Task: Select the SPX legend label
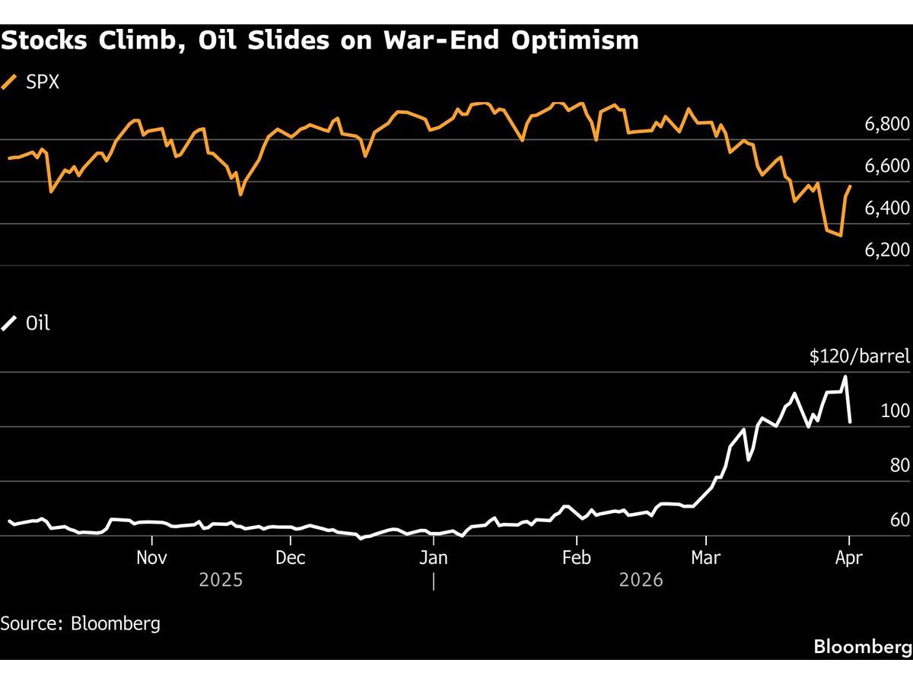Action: pyautogui.click(x=43, y=82)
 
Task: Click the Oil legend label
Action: pyautogui.click(x=37, y=323)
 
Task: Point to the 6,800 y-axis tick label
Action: pyautogui.click(x=887, y=124)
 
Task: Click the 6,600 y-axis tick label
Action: pyautogui.click(x=887, y=166)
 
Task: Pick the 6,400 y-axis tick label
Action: pyautogui.click(x=887, y=208)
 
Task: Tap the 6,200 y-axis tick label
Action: pyautogui.click(x=887, y=250)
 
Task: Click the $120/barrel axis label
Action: pyautogui.click(x=860, y=356)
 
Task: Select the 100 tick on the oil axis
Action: pyautogui.click(x=895, y=411)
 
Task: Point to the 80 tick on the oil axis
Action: pyautogui.click(x=899, y=465)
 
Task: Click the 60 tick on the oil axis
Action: pyautogui.click(x=899, y=520)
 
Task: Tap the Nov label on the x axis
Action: pyautogui.click(x=152, y=558)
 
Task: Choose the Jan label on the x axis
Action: pyautogui.click(x=433, y=558)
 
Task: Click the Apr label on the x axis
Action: pyautogui.click(x=848, y=558)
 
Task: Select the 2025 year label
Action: pyautogui.click(x=221, y=581)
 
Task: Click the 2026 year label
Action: pyautogui.click(x=641, y=581)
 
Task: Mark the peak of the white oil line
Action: pyautogui.click(x=845, y=377)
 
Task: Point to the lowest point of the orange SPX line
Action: pyautogui.click(x=840, y=236)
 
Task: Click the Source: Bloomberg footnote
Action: pyautogui.click(x=81, y=623)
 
